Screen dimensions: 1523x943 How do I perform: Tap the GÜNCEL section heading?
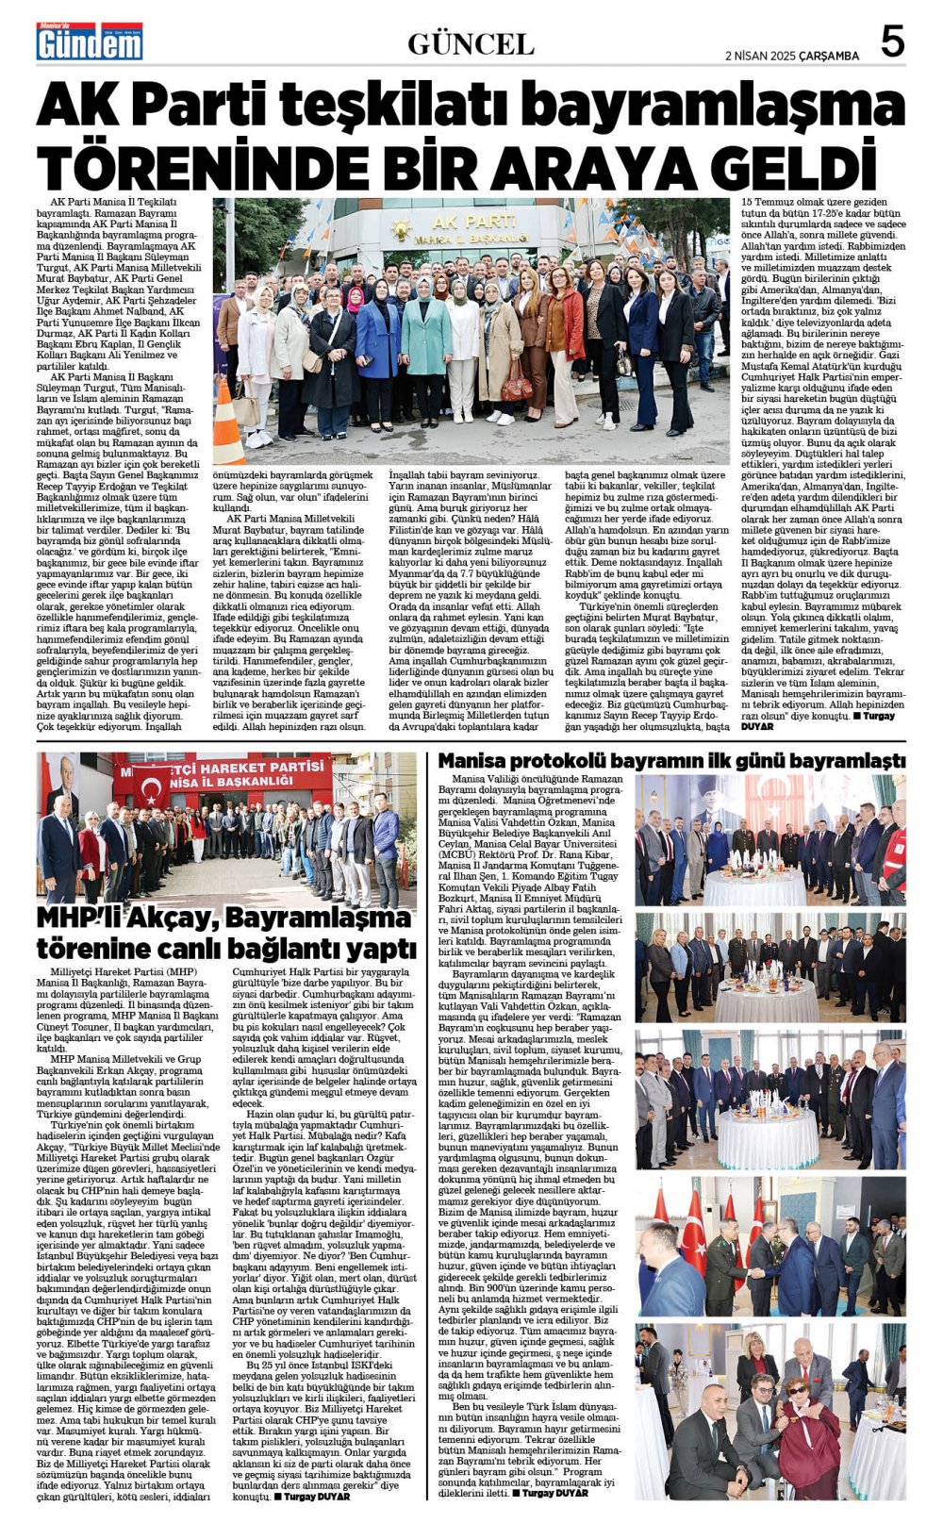[x=471, y=43]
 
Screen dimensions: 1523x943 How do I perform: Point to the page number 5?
[x=891, y=41]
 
